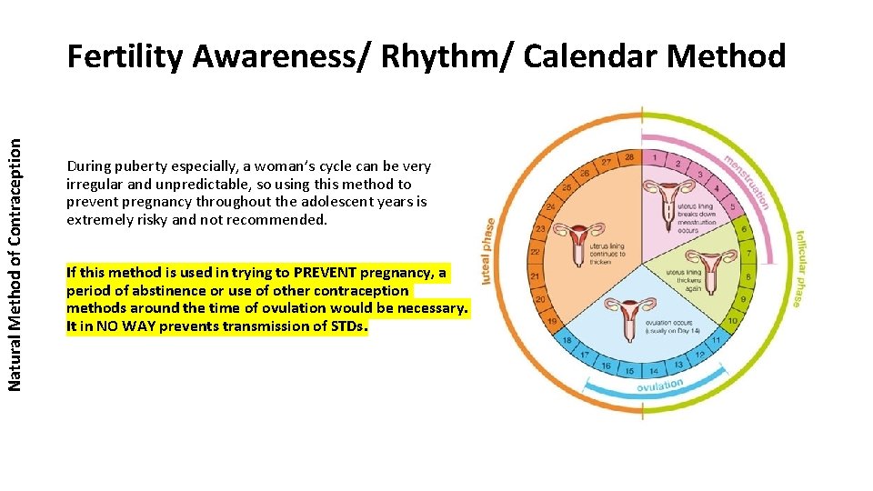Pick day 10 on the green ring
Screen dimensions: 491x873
click(x=732, y=320)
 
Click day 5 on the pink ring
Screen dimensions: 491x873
click(x=733, y=207)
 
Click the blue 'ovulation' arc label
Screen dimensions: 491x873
click(x=660, y=388)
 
